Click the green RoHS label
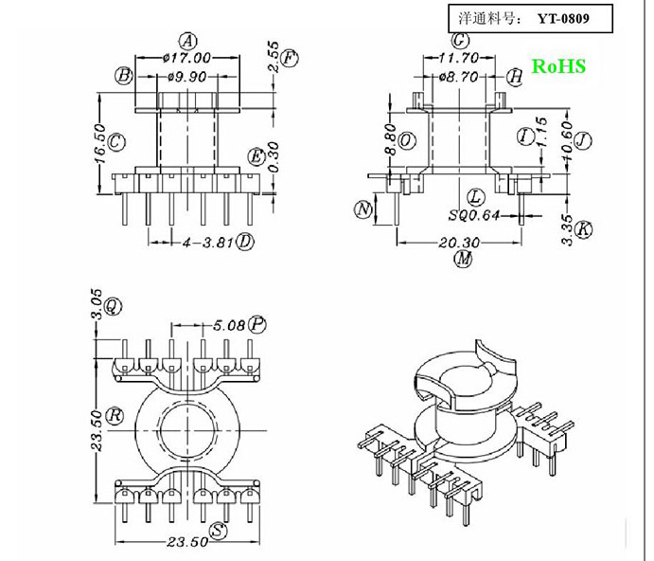tap(558, 66)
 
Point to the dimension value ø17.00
tap(186, 58)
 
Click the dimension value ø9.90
tap(186, 77)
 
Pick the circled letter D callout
tap(245, 242)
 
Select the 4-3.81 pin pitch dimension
tap(206, 242)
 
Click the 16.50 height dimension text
tap(98, 143)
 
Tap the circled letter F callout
tap(291, 59)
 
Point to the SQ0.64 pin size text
tap(473, 215)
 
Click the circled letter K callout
tap(584, 229)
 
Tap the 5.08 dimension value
tap(229, 325)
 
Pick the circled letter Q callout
tap(113, 305)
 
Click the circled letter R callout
tap(115, 415)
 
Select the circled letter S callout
tap(219, 532)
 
